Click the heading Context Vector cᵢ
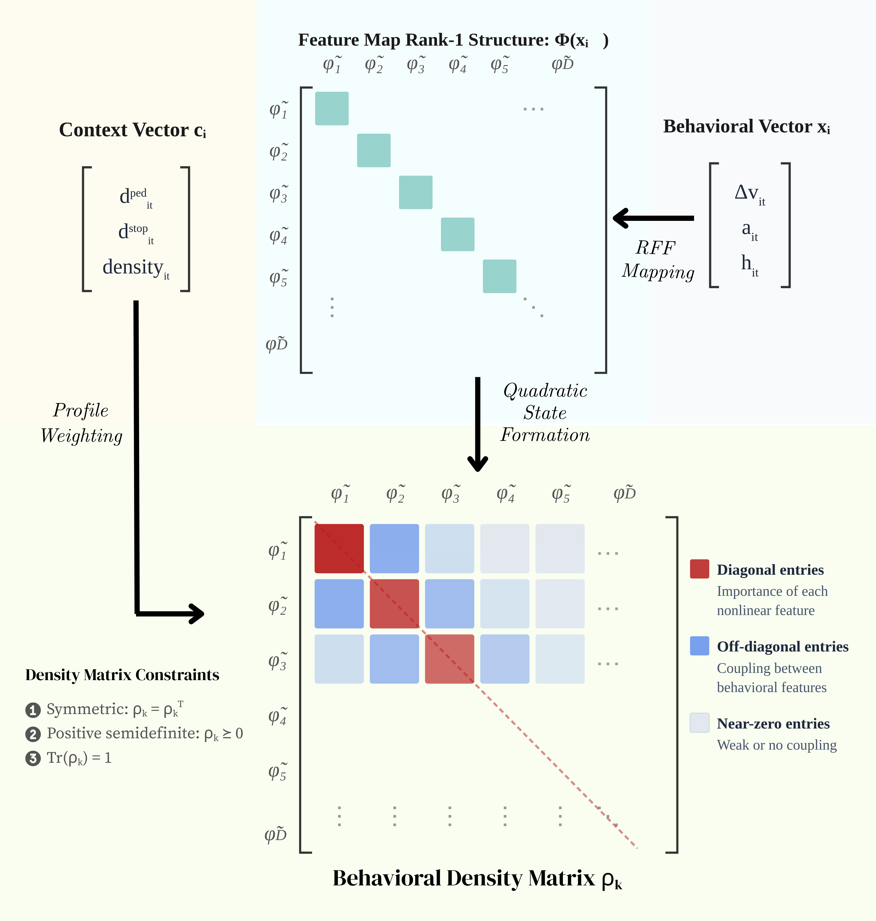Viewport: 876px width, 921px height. pos(132,130)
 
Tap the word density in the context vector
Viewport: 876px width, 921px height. pos(133,267)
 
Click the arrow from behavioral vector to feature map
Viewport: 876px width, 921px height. pos(654,218)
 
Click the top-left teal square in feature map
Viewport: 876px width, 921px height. pos(331,108)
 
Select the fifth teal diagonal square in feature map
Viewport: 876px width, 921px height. pos(499,276)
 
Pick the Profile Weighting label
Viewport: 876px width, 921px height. pos(81,423)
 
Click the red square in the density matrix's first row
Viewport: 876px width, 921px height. pos(339,548)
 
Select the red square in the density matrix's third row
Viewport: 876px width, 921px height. pos(449,658)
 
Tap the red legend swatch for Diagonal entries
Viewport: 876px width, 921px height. pos(699,569)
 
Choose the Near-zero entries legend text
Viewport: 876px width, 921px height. pos(773,724)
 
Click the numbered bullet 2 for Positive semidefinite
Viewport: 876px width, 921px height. pos(33,734)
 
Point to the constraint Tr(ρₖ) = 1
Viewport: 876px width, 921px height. pos(79,757)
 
